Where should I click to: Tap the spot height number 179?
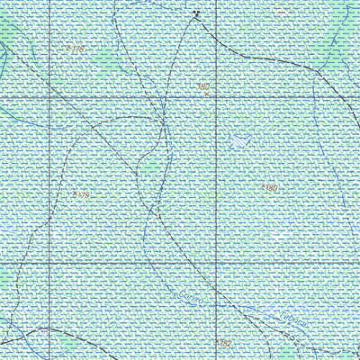(x=84, y=194)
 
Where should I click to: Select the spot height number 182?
(x=226, y=343)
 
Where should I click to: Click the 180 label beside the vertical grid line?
(x=203, y=86)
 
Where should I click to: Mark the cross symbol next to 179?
(x=74, y=192)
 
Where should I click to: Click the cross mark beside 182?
(x=217, y=341)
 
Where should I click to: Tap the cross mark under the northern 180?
(x=208, y=94)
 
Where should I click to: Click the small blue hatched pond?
(x=239, y=140)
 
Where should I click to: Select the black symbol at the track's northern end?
(x=196, y=13)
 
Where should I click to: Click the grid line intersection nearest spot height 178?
(x=47, y=94)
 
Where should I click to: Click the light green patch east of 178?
(x=106, y=61)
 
